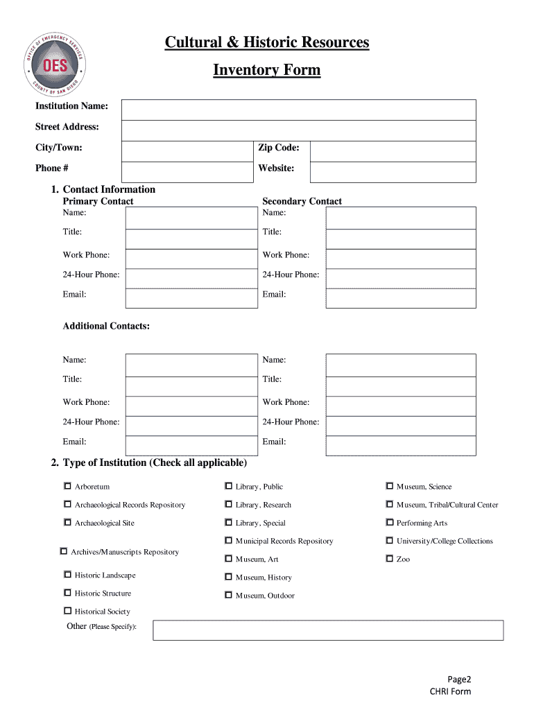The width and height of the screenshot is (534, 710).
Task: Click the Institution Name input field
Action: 298,110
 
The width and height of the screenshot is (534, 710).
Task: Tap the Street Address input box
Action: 298,130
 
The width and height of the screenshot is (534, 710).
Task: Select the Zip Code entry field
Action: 393,151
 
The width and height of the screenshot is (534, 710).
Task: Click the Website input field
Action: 393,171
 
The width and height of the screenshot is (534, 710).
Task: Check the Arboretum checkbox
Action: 67,486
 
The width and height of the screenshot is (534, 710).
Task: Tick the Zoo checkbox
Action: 389,559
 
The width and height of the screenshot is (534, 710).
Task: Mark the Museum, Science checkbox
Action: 389,486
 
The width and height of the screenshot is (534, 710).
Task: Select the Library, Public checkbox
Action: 228,486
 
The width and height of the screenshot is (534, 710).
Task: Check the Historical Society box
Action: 67,611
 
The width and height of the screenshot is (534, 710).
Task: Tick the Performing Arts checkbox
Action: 389,523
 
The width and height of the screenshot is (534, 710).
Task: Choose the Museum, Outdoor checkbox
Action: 228,595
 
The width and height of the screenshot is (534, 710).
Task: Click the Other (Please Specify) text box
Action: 327,630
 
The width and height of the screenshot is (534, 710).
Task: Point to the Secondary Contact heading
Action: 302,201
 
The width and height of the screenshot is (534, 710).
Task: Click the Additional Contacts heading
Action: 106,326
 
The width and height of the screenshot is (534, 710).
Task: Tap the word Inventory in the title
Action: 243,70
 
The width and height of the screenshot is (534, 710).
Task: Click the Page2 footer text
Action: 459,679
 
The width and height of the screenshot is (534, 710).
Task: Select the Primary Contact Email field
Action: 191,298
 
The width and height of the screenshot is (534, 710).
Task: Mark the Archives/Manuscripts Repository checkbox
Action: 64,552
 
